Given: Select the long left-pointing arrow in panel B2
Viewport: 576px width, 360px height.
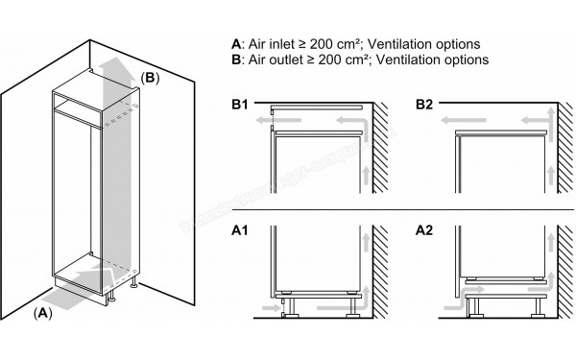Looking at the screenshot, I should pos(451,121).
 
